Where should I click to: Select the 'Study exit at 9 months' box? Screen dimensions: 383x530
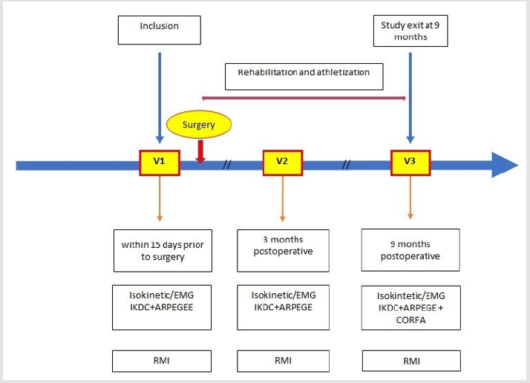tap(410, 31)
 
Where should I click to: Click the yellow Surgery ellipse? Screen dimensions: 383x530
tap(198, 125)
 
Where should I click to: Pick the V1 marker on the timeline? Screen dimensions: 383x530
tap(160, 161)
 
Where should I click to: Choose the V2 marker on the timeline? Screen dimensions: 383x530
tap(282, 161)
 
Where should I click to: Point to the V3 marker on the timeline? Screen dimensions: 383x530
tap(410, 161)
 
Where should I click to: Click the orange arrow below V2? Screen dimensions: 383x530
tap(282, 198)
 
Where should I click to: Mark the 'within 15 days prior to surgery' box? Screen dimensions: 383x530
tap(163, 250)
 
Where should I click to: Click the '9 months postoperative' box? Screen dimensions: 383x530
tap(410, 250)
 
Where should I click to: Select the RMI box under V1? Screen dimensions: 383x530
tap(163, 361)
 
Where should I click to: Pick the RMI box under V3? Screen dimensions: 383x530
tap(410, 361)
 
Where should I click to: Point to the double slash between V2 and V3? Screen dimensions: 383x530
tap(346, 164)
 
